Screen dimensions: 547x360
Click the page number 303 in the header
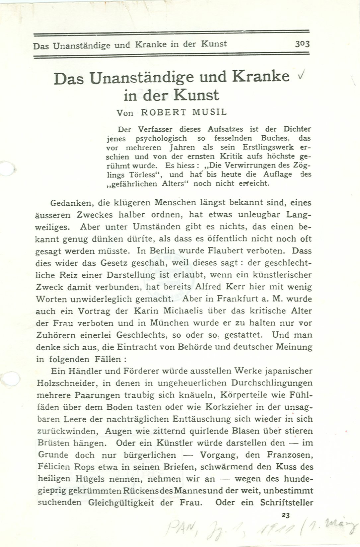[x=302, y=44]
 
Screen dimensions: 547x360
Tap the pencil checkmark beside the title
[x=301, y=76]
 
